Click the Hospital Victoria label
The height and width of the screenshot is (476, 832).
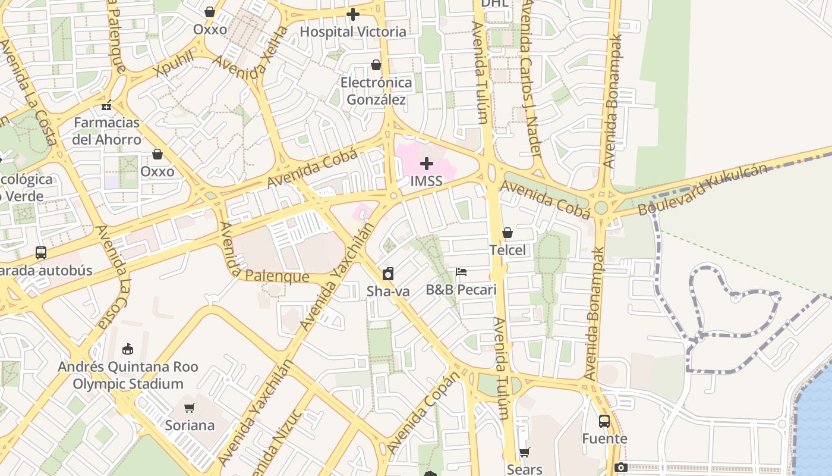[x=353, y=32]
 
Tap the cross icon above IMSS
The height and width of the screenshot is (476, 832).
[x=426, y=164]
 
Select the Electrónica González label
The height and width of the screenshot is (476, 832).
[x=376, y=91]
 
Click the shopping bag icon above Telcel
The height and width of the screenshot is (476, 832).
[x=508, y=233]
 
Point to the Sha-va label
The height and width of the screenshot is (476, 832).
[x=388, y=291]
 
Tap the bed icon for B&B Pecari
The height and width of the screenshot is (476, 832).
[x=461, y=272]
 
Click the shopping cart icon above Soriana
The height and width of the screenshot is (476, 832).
[x=190, y=408]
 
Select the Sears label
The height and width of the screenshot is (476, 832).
[x=525, y=469]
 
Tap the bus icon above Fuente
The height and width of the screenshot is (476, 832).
[x=604, y=421]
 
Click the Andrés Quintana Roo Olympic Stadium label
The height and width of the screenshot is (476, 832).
[x=128, y=375]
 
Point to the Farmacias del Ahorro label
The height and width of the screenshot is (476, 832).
[x=107, y=131]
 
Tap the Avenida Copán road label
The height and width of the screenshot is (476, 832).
[x=423, y=412]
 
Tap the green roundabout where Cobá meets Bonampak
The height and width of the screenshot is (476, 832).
[x=601, y=208]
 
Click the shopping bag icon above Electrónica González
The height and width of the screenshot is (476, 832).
[x=376, y=65]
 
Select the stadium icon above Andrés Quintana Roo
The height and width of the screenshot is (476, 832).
[x=127, y=349]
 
